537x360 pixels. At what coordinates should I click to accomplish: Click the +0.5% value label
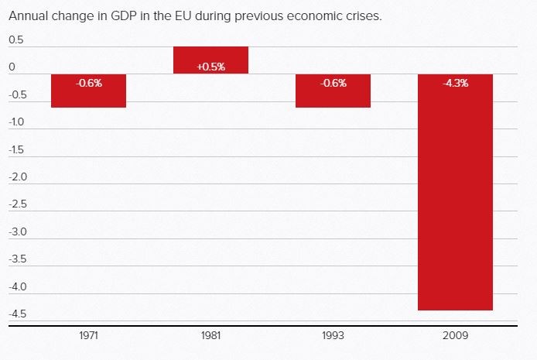(x=210, y=67)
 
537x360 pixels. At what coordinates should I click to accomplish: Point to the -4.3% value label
(x=455, y=84)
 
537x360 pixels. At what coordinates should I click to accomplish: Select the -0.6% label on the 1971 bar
(x=88, y=84)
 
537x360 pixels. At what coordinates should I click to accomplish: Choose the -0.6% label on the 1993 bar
(x=333, y=84)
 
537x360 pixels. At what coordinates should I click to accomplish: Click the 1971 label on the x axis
(x=88, y=337)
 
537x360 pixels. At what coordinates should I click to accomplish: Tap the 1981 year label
(x=210, y=337)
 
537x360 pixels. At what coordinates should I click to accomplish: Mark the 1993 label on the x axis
(x=333, y=337)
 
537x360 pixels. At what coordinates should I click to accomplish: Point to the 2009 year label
(x=455, y=337)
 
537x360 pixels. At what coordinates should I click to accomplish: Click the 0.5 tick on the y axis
(x=17, y=40)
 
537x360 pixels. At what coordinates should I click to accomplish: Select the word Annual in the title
(x=26, y=15)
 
